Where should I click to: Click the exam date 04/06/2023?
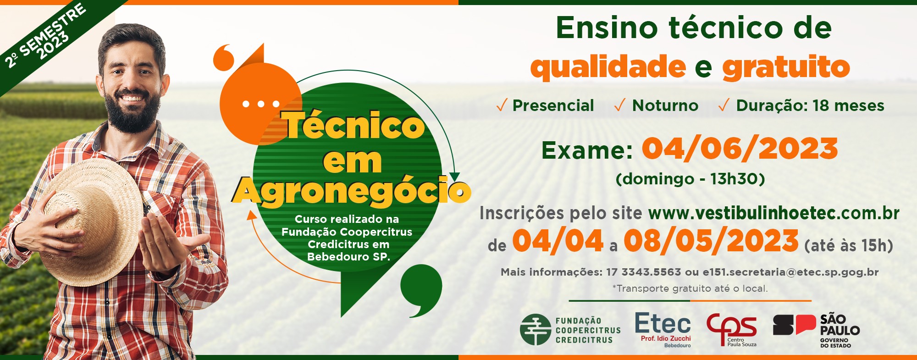tap(740, 149)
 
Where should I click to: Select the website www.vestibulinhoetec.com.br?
tap(773, 213)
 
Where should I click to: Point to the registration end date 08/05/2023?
tap(711, 241)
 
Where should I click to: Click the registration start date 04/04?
tap(558, 241)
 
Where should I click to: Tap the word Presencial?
tap(553, 105)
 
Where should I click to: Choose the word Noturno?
tap(665, 105)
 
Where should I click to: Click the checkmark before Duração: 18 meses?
tap(724, 105)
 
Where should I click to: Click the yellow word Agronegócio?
tap(352, 190)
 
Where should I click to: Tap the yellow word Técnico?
tap(354, 125)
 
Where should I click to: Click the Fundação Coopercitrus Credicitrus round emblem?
tap(535, 329)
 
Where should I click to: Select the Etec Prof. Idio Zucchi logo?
tap(663, 329)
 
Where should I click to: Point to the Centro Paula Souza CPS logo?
tap(732, 330)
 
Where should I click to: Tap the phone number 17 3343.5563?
tap(643, 272)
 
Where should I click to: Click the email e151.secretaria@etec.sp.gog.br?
tap(790, 272)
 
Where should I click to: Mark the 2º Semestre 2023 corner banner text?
tap(45, 36)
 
